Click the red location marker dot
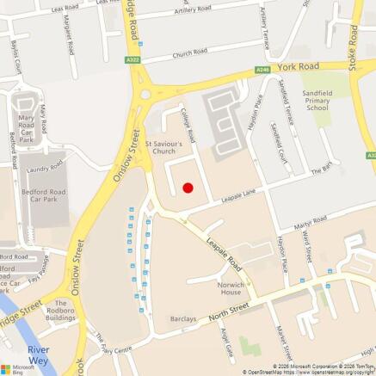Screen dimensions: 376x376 [188, 188]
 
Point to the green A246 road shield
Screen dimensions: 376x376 [262, 70]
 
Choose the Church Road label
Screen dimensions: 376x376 [189, 52]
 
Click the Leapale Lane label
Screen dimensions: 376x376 [239, 198]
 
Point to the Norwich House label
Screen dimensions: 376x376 [231, 287]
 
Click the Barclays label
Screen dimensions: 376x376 [183, 318]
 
